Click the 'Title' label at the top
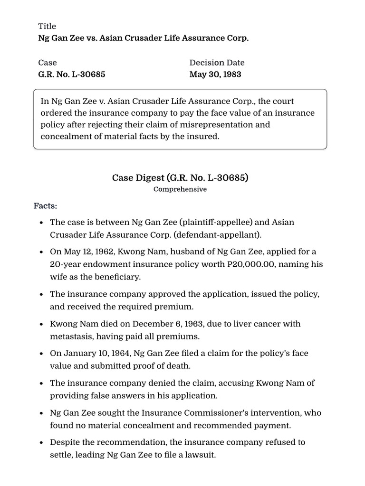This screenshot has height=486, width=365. [47, 26]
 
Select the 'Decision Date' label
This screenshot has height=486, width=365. [217, 63]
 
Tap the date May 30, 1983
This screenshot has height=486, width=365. [215, 75]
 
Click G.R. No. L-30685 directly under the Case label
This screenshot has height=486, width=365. [72, 75]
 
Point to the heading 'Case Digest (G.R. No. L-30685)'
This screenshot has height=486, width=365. [180, 178]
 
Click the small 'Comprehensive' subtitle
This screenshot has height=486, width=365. [180, 189]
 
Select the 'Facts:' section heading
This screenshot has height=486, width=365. [45, 206]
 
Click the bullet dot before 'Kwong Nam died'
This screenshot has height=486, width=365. [42, 324]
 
